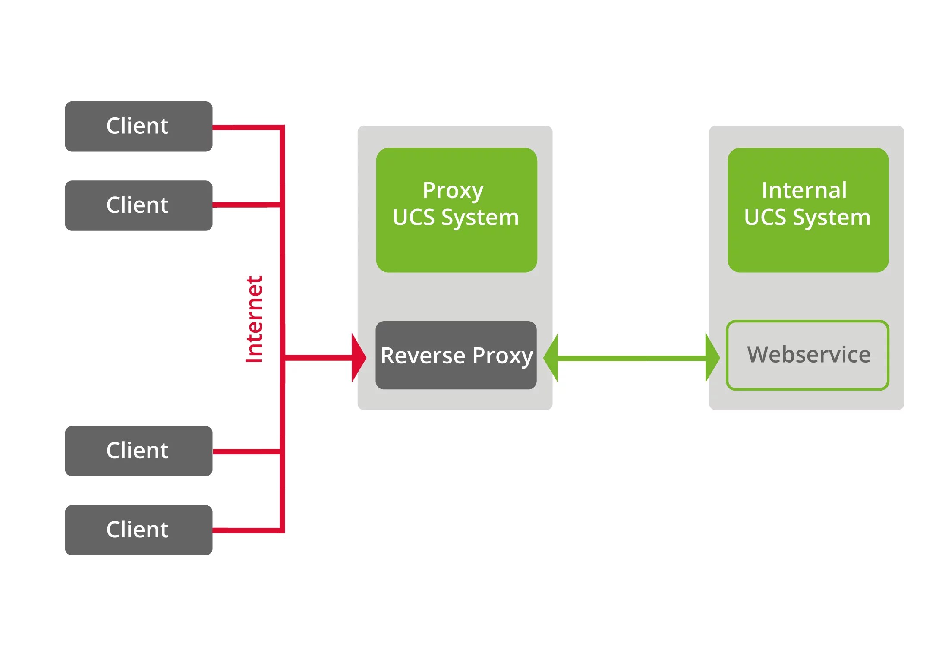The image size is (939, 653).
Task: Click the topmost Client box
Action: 139,126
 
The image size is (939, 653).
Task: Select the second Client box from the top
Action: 139,205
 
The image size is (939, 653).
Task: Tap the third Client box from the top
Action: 139,451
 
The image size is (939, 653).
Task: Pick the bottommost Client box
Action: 139,530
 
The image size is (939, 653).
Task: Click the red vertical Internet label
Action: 254,319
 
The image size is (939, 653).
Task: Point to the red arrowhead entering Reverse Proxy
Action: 358,357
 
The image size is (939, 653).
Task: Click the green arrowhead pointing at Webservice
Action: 712,357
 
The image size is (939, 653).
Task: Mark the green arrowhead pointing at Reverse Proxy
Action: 551,358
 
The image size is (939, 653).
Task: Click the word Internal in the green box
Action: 804,190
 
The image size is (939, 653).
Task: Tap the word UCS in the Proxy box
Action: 413,217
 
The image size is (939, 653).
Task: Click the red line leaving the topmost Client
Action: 246,127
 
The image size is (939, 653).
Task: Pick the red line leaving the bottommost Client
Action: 246,530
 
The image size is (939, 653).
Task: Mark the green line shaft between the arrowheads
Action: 631,358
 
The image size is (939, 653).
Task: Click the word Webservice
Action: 809,355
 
